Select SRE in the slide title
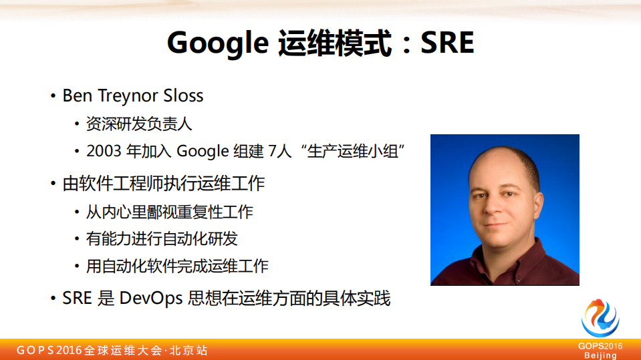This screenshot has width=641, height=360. click(x=447, y=43)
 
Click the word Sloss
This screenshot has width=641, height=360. click(x=182, y=96)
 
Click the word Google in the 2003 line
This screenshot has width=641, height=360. click(x=203, y=152)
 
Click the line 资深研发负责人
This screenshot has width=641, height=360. click(x=139, y=124)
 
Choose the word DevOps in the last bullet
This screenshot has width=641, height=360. click(x=151, y=298)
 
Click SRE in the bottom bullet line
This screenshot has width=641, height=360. click(x=77, y=298)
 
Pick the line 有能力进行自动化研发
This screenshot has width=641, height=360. click(x=162, y=238)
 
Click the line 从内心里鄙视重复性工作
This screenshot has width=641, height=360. click(x=170, y=212)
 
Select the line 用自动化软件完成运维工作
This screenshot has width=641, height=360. click(x=177, y=266)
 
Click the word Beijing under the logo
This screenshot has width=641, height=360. click(x=600, y=355)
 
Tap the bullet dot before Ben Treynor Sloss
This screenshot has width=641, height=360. click(x=53, y=96)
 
